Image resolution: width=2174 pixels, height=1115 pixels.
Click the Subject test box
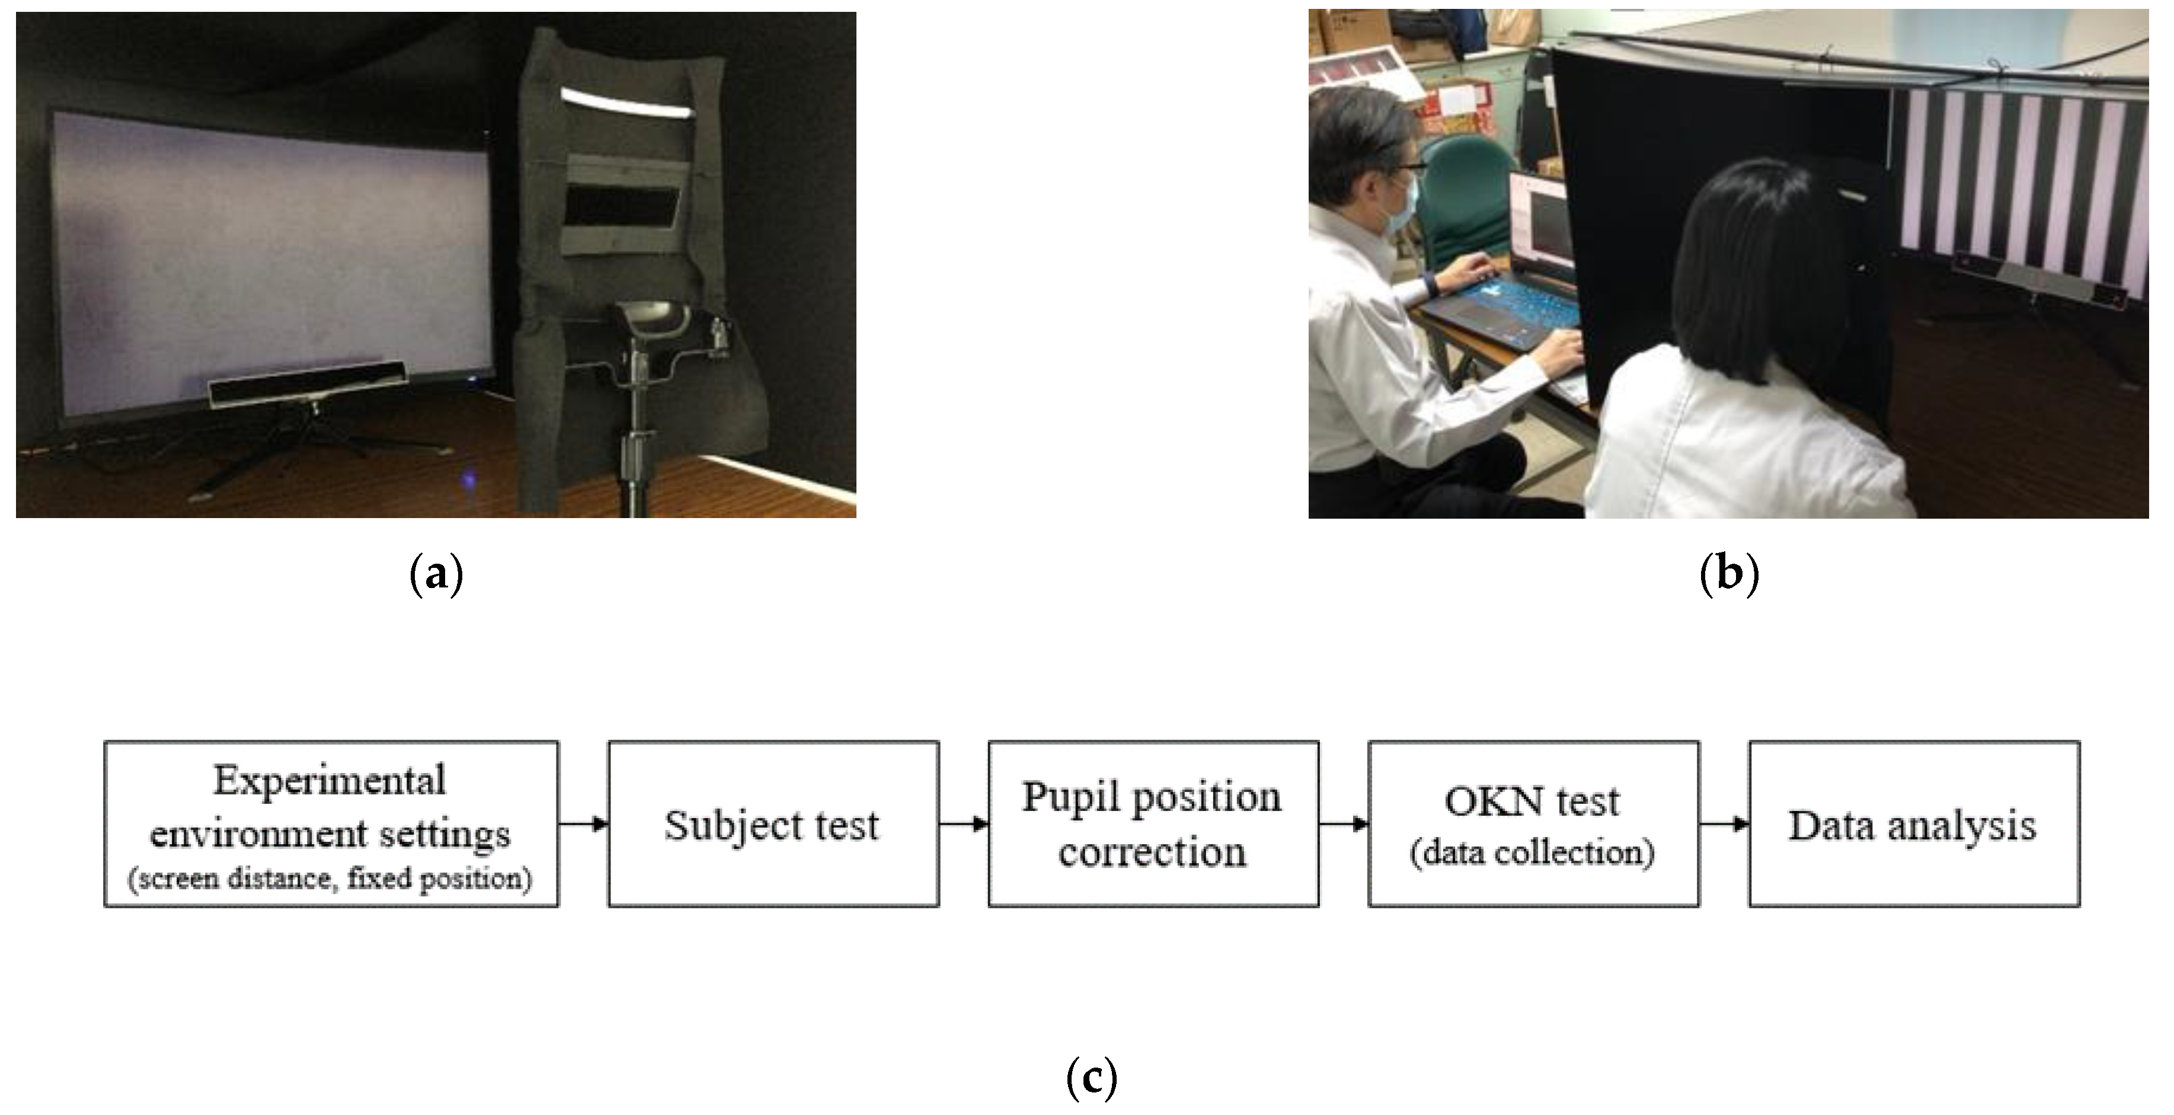(772, 825)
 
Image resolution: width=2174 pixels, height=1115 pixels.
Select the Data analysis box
(1913, 825)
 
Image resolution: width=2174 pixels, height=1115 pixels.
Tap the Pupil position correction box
(1153, 825)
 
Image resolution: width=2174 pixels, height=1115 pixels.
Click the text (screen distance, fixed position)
(330, 878)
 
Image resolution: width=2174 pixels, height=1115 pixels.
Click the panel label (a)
(436, 576)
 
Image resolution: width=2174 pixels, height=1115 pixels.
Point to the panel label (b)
(1728, 576)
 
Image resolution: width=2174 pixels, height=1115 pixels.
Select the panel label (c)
(1091, 1078)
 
